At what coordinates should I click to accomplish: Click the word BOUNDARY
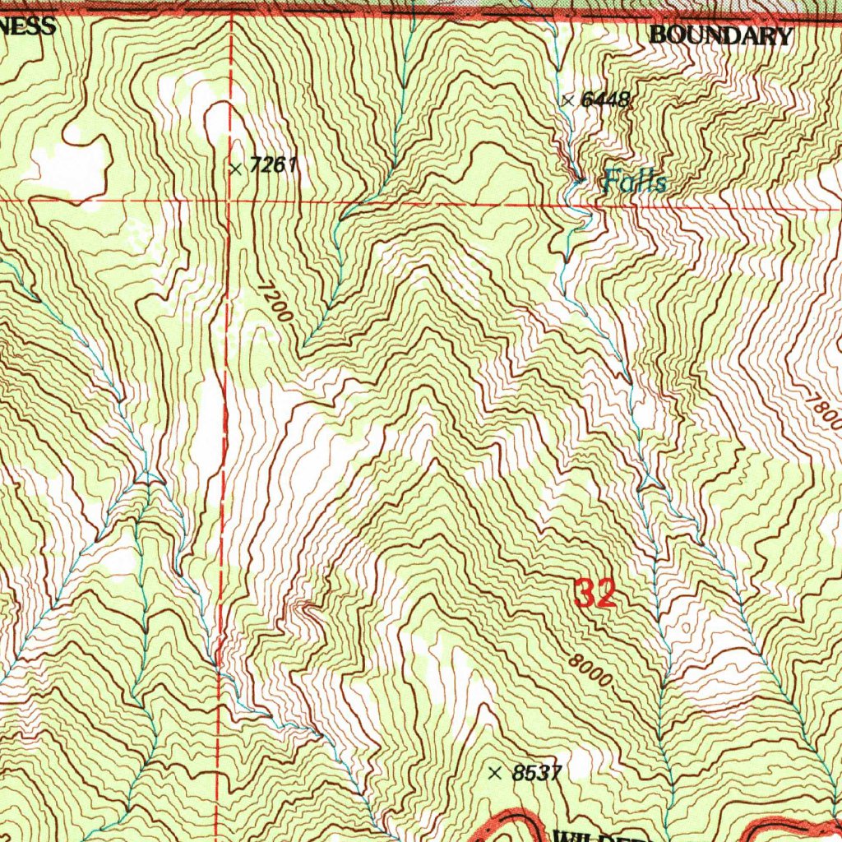(720, 35)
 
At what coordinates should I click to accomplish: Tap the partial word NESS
(27, 25)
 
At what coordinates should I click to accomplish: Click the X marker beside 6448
(567, 100)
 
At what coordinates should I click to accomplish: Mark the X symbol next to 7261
(236, 169)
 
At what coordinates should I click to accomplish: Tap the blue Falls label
(634, 181)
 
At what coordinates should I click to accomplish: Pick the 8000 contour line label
(590, 671)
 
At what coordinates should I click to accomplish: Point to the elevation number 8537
(535, 773)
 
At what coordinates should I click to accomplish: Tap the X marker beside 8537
(494, 773)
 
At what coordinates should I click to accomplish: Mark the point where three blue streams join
(148, 477)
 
